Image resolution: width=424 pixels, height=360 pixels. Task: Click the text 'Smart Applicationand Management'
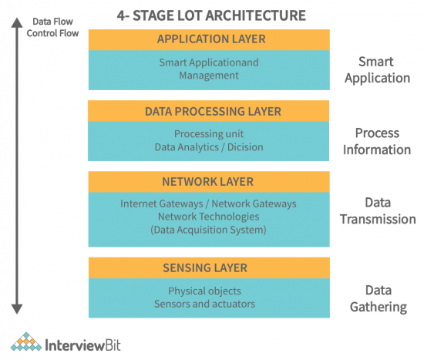pos(209,69)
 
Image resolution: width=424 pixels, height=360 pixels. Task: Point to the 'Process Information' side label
pos(378,141)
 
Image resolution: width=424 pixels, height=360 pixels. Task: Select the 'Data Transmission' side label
pos(378,211)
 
